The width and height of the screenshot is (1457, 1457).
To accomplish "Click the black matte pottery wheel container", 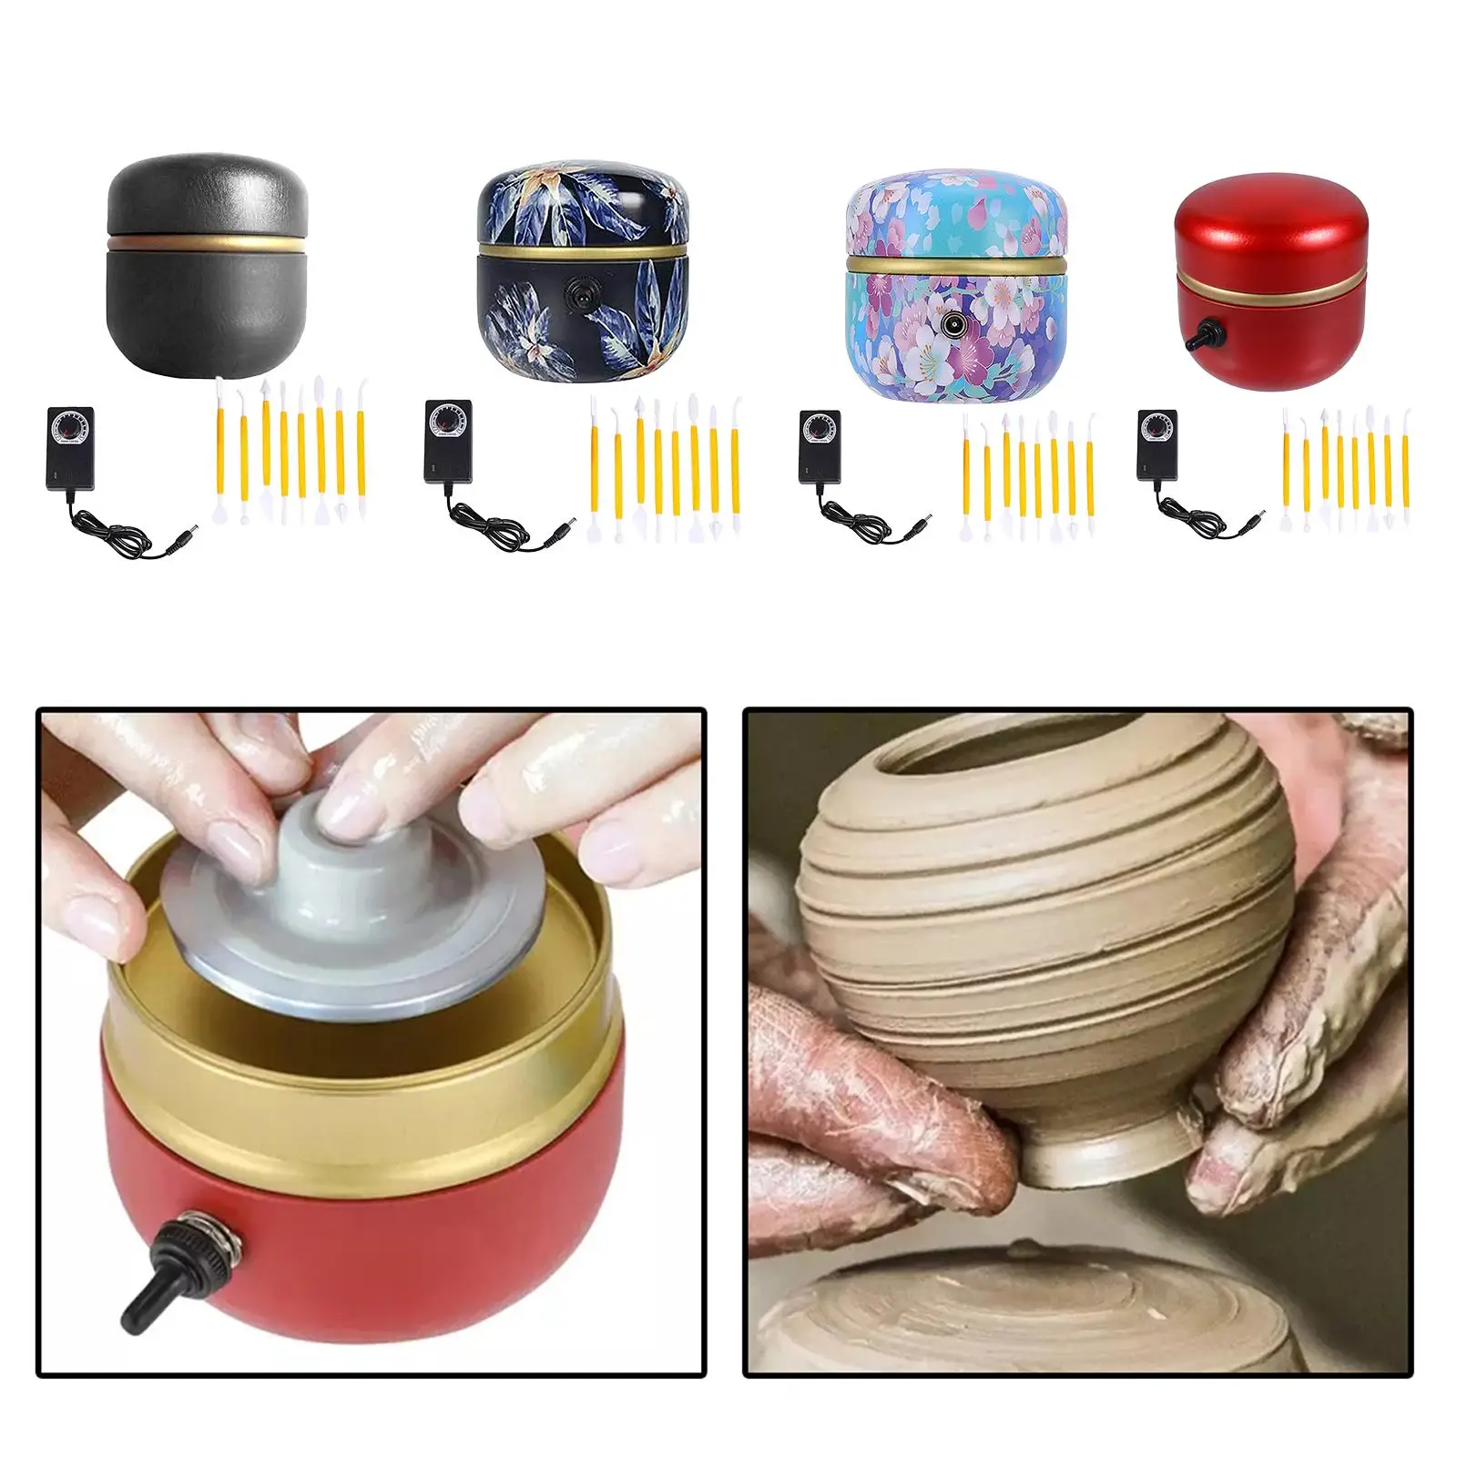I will click(208, 264).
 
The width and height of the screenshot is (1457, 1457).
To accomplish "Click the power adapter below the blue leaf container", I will click(446, 442).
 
